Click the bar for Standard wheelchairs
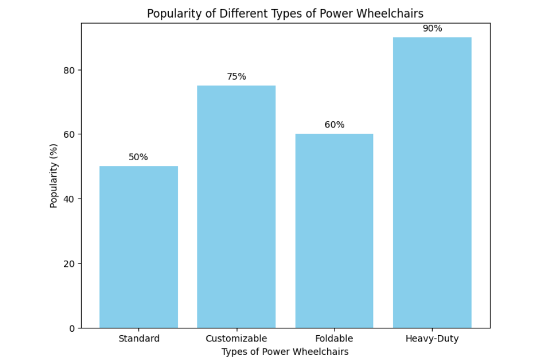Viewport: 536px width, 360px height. tap(139, 247)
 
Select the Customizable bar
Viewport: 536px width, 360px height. tap(236, 207)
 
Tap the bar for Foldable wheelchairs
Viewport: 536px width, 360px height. tap(334, 230)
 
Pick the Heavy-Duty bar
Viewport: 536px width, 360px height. tap(432, 182)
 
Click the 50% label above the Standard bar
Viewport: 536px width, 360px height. tap(138, 157)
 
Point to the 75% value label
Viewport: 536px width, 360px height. tap(236, 77)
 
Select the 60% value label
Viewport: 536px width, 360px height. tap(335, 125)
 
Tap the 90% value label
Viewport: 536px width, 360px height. tap(432, 28)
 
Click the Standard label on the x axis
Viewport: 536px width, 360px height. tap(139, 339)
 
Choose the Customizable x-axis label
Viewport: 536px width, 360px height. tap(236, 339)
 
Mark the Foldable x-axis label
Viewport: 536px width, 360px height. tap(334, 339)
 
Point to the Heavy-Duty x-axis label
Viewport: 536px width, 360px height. tap(432, 339)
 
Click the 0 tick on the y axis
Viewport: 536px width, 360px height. tap(72, 328)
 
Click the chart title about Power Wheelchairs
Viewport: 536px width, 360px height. tap(285, 13)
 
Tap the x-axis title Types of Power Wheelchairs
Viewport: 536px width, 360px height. tap(285, 352)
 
